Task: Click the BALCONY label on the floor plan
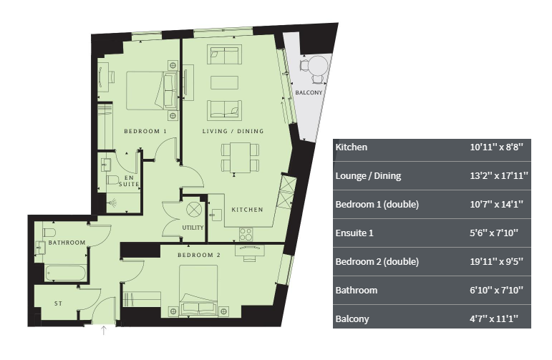click(309, 92)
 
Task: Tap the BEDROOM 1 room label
click(145, 131)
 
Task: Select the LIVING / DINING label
click(233, 131)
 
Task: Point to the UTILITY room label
click(193, 228)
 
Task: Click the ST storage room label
click(59, 303)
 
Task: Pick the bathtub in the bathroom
click(65, 273)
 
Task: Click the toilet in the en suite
click(112, 180)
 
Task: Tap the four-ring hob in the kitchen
click(246, 234)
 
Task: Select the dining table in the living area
click(241, 157)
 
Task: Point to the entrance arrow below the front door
click(104, 330)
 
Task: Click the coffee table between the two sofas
click(224, 83)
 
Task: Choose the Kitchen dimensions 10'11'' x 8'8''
click(496, 147)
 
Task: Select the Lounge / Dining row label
click(368, 176)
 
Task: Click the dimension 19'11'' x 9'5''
click(496, 261)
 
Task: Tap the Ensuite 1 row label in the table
click(354, 233)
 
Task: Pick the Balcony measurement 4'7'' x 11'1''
click(494, 318)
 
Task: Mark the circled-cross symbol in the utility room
click(194, 210)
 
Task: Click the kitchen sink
click(216, 215)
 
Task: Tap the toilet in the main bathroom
click(49, 233)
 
